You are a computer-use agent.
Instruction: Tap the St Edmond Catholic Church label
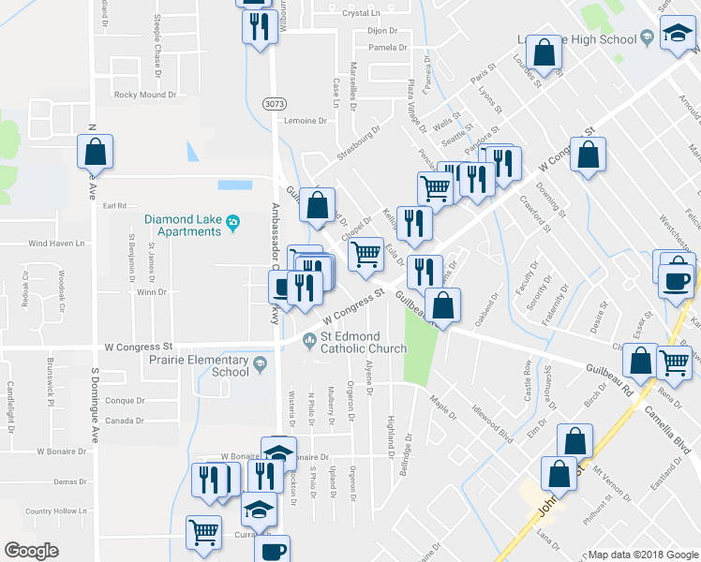(x=364, y=343)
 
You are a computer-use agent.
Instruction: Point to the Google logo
(x=31, y=550)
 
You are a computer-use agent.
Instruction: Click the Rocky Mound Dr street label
(x=144, y=95)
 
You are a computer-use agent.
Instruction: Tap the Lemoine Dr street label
(x=306, y=121)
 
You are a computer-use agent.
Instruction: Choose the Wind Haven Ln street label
(x=56, y=243)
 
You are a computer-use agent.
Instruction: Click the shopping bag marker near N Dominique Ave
(x=95, y=152)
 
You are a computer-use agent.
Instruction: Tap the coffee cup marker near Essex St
(x=676, y=281)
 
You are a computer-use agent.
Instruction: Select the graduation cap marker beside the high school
(x=674, y=37)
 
